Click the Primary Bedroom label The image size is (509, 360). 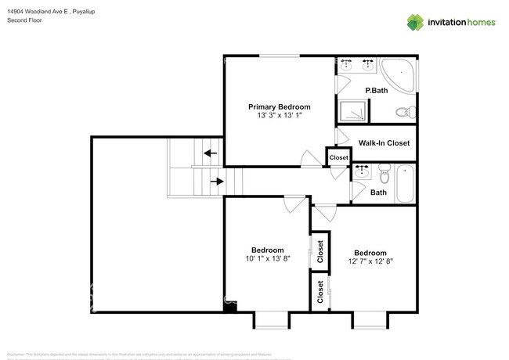click(x=280, y=106)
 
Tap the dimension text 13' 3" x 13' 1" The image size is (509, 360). click(x=280, y=116)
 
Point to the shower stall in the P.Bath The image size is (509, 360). click(x=353, y=111)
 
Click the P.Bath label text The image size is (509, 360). click(x=377, y=91)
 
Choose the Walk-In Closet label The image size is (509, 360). click(x=384, y=143)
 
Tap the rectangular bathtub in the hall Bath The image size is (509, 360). click(x=406, y=185)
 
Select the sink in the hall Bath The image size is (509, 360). click(x=362, y=171)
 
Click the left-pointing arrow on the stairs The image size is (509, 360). click(x=210, y=153)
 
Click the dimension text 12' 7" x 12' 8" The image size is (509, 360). click(x=370, y=262)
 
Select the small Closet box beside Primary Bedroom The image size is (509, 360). click(x=338, y=157)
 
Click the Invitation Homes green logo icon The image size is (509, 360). click(x=416, y=22)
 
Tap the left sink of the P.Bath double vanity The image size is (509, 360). click(x=348, y=65)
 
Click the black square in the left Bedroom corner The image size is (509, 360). click(x=229, y=308)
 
